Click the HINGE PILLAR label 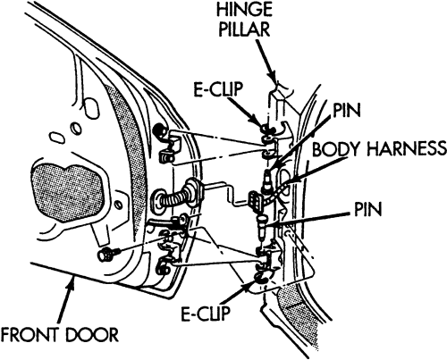click(x=244, y=20)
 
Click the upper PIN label click(x=347, y=111)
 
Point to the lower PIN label click(x=367, y=209)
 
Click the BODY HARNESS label click(x=379, y=149)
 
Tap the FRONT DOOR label click(x=59, y=334)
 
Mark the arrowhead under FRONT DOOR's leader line click(x=72, y=282)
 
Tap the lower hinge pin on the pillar click(x=262, y=227)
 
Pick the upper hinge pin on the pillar click(x=266, y=179)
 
